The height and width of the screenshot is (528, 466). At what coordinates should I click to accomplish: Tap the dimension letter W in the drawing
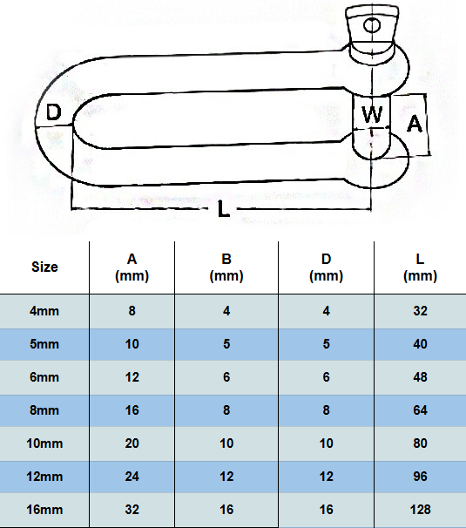(x=372, y=114)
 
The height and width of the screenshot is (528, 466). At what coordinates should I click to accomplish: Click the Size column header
(x=44, y=267)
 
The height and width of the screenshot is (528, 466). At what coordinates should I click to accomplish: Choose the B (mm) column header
(x=226, y=267)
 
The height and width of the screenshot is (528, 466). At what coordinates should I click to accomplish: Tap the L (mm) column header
(x=420, y=267)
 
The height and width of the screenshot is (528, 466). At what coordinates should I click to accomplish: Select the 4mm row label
(x=44, y=311)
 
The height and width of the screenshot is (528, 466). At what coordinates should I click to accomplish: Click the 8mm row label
(x=44, y=410)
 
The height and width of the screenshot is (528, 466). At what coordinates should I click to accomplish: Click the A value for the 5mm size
(x=132, y=344)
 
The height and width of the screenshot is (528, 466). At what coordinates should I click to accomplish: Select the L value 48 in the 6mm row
(x=420, y=377)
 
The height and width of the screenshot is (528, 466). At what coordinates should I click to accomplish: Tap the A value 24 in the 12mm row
(x=132, y=477)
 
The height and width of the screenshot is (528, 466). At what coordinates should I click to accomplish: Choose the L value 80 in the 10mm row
(x=420, y=443)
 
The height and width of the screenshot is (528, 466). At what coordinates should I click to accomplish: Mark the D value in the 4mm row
(x=326, y=311)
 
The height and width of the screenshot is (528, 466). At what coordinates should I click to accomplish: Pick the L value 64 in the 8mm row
(x=420, y=410)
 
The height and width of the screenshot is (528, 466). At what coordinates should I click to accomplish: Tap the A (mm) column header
(x=132, y=267)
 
